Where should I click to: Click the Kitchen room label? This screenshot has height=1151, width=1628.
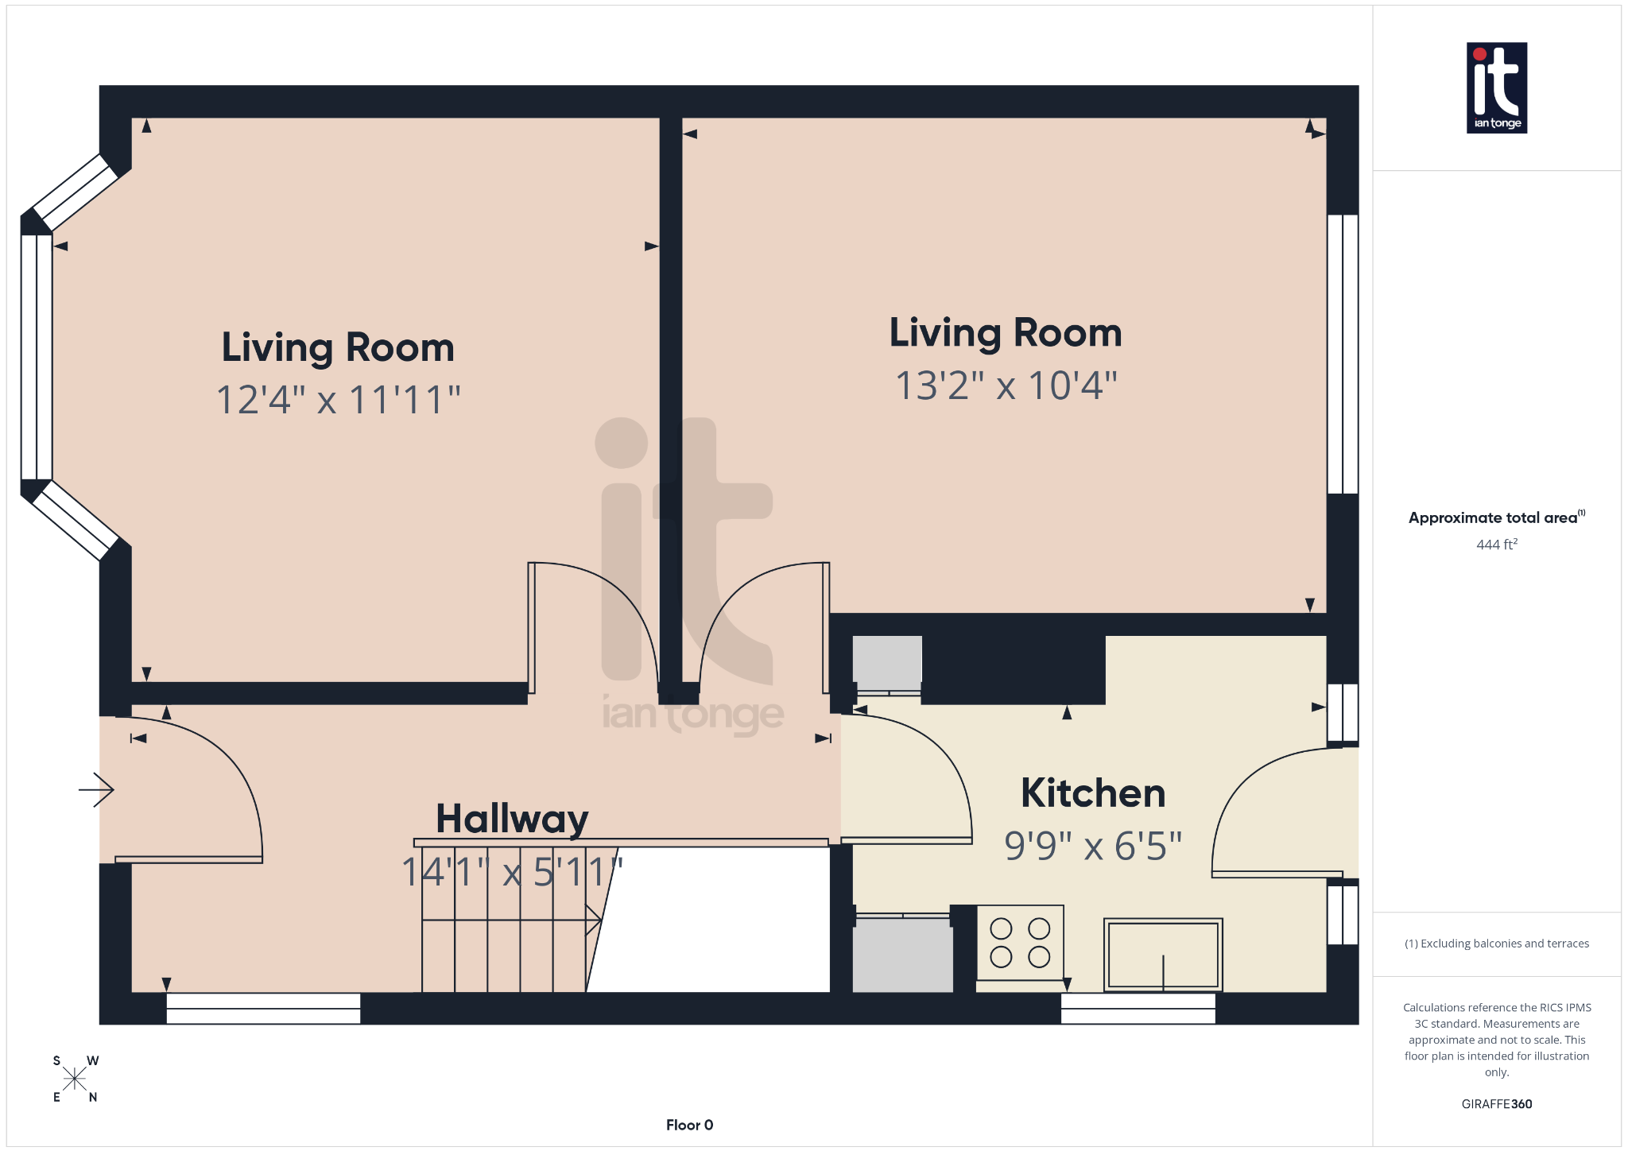click(x=1093, y=793)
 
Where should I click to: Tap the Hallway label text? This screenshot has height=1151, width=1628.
click(x=512, y=819)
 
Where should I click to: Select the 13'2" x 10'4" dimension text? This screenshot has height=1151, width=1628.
click(x=1006, y=386)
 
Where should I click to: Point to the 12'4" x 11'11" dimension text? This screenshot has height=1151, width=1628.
click(x=339, y=399)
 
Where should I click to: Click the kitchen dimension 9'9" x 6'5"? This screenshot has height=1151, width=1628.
click(x=1093, y=846)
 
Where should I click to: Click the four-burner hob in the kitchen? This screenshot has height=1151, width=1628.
click(x=1020, y=943)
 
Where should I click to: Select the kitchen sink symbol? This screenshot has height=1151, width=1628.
click(x=1163, y=955)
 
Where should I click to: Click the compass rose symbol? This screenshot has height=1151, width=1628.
click(x=75, y=1079)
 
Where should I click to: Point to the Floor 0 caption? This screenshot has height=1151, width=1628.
click(x=689, y=1125)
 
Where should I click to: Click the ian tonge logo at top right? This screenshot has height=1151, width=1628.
click(x=1496, y=87)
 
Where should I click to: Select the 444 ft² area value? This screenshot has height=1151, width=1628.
click(x=1496, y=544)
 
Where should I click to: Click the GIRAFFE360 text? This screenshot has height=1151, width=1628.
click(x=1496, y=1104)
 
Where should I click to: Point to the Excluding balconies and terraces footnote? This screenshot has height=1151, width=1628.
click(x=1496, y=944)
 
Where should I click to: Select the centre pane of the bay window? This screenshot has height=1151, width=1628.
click(x=37, y=357)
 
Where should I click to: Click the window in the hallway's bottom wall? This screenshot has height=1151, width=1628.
click(x=263, y=1009)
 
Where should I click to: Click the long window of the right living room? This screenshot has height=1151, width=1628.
click(x=1343, y=354)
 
